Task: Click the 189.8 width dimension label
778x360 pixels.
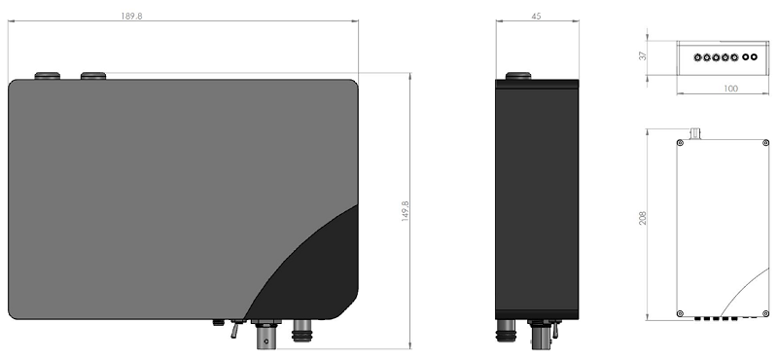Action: pyautogui.click(x=131, y=16)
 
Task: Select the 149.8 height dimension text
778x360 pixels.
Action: pyautogui.click(x=405, y=211)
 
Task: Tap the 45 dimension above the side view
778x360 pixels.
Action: pyautogui.click(x=536, y=16)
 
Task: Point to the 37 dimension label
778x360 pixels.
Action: pyautogui.click(x=643, y=56)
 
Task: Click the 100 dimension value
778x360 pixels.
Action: pyautogui.click(x=731, y=89)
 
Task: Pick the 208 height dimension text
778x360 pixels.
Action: pyautogui.click(x=643, y=218)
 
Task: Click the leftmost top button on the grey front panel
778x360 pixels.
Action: pyautogui.click(x=47, y=76)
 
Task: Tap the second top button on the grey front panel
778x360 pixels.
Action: pyautogui.click(x=93, y=76)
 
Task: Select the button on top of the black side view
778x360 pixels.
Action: pyautogui.click(x=518, y=76)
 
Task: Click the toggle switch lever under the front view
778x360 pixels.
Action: pyautogui.click(x=234, y=329)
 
